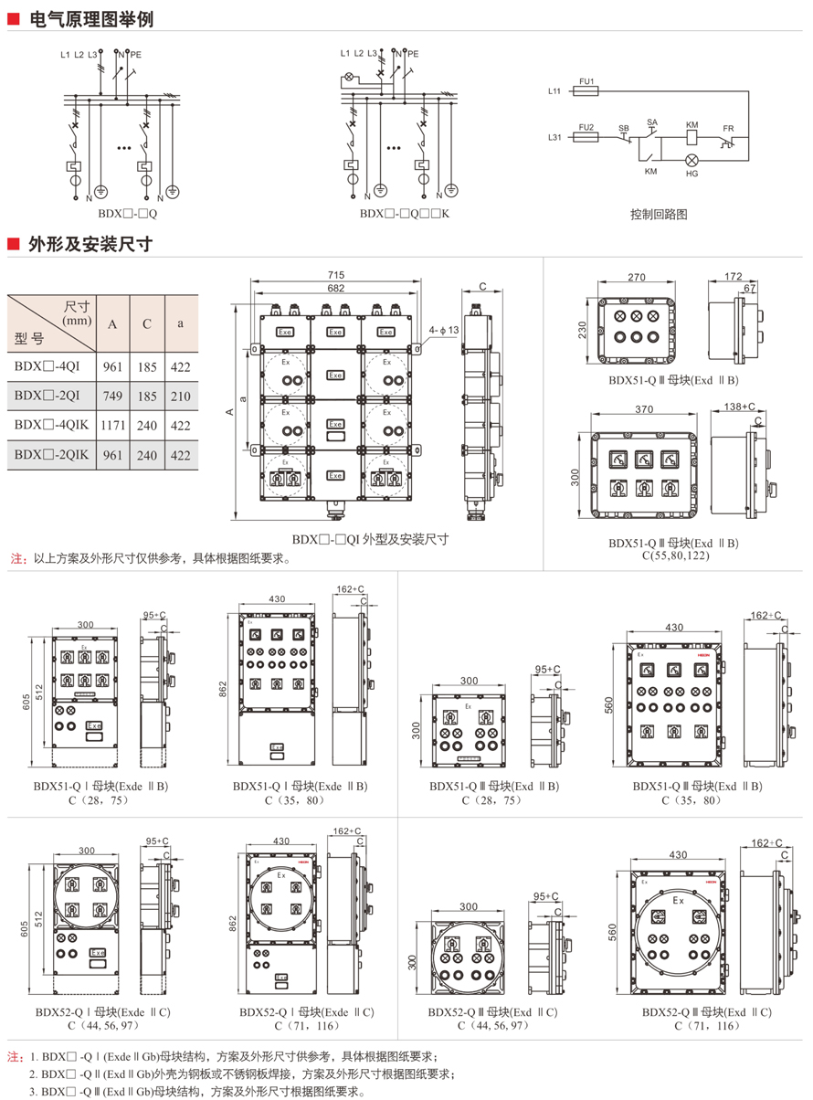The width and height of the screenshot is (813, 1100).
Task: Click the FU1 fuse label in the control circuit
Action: pos(587,81)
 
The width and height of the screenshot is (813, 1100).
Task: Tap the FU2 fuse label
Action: pos(587,126)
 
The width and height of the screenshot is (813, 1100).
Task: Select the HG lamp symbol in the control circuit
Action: pos(692,160)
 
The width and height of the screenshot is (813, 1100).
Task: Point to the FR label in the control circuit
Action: pos(728,129)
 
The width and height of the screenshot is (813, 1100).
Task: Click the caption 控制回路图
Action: pos(658,215)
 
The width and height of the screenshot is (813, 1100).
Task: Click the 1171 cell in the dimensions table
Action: pos(112,425)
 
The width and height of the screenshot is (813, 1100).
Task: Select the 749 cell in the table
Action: pos(112,395)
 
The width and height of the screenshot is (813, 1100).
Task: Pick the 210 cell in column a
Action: pos(181,395)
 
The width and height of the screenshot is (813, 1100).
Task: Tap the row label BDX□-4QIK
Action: pos(51,425)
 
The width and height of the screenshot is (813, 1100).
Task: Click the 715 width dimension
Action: pos(336,275)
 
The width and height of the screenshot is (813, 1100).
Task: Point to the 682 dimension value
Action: pos(336,288)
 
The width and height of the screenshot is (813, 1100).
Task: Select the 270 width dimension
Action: pos(637,278)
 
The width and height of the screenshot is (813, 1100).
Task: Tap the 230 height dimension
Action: pos(582,329)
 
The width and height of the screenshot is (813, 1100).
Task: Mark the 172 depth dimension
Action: pos(733,275)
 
